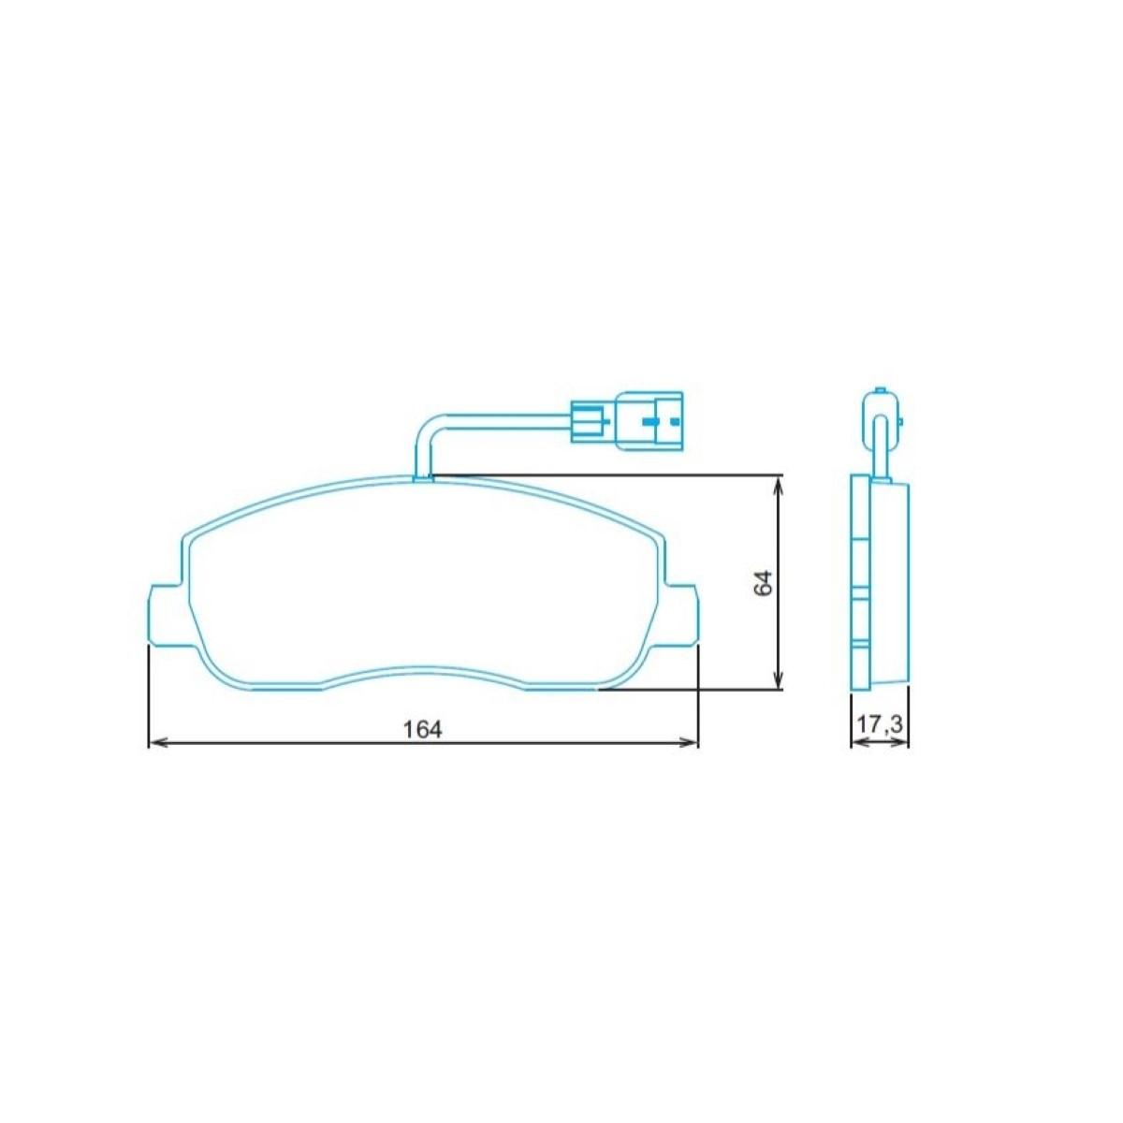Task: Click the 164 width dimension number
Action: pyautogui.click(x=423, y=730)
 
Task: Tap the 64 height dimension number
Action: pyautogui.click(x=763, y=582)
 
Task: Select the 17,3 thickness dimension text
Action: pyautogui.click(x=880, y=724)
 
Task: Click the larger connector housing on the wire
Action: pyautogui.click(x=649, y=421)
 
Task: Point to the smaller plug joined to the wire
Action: pyautogui.click(x=591, y=421)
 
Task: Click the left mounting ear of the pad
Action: pyautogui.click(x=168, y=614)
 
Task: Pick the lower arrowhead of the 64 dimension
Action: pyautogui.click(x=778, y=679)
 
